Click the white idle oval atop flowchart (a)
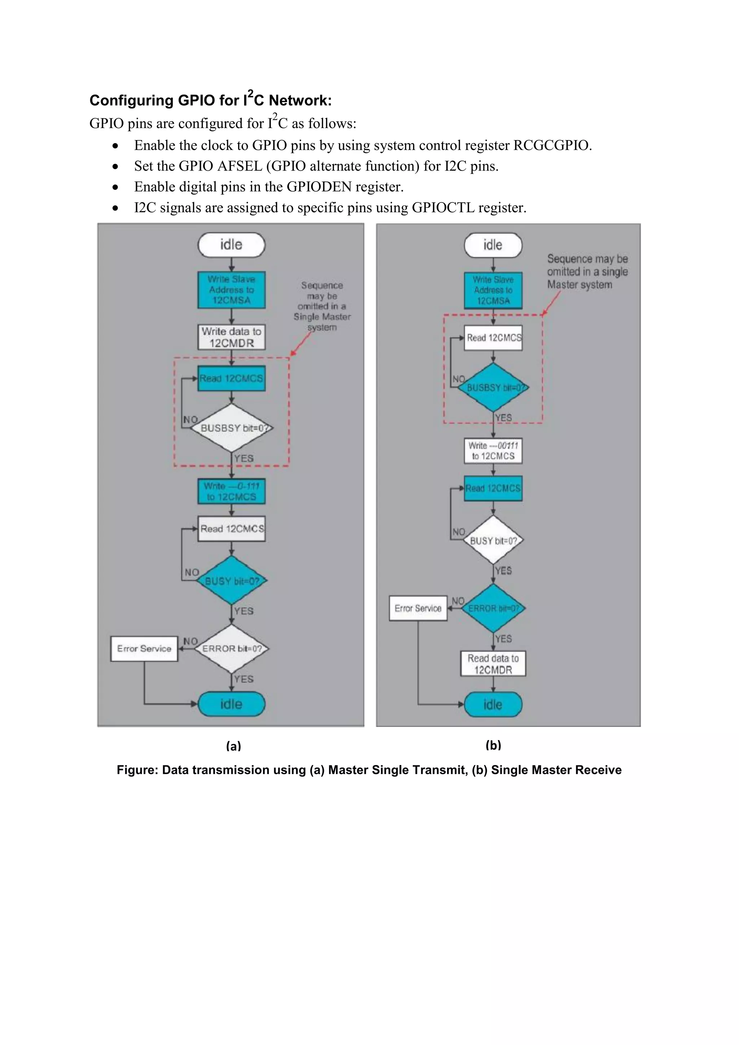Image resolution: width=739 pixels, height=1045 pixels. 231,245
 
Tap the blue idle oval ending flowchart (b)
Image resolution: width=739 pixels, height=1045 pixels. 493,705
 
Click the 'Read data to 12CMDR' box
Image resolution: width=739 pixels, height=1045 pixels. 493,664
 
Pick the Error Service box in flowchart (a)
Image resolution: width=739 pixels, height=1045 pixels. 144,648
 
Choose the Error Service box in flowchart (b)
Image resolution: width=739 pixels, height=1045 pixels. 418,608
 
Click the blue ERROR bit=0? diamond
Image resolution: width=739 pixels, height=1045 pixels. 493,608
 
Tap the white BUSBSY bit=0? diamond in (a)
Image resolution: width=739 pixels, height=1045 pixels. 231,428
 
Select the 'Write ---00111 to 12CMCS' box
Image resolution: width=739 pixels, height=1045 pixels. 493,451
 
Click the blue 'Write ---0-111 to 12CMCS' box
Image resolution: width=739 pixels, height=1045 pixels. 231,491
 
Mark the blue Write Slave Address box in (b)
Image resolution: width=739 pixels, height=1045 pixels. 493,290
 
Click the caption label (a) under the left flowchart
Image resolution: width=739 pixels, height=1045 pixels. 233,746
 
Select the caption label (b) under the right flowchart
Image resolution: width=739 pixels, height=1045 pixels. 493,745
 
